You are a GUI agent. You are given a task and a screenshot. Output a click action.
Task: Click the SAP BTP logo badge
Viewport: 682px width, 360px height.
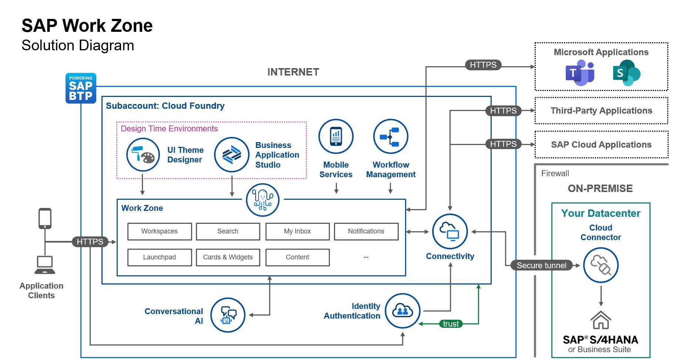(x=81, y=88)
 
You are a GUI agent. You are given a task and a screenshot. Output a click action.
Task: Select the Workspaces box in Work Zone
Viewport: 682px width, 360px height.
(x=160, y=231)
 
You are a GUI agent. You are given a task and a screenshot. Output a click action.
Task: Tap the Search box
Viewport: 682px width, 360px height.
(x=228, y=231)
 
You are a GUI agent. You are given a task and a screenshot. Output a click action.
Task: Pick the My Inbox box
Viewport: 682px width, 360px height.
(x=297, y=231)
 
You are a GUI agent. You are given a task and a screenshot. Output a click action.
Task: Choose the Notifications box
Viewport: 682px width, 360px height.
(x=366, y=231)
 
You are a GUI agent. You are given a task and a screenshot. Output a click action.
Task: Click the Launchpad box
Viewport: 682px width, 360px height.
(x=160, y=257)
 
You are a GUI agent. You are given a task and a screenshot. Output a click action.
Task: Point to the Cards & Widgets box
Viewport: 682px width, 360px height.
(x=228, y=257)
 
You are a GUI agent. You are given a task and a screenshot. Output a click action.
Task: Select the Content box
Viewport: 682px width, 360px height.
(x=297, y=257)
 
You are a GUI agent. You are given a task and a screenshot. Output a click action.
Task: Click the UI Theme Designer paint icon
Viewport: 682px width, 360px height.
(x=143, y=155)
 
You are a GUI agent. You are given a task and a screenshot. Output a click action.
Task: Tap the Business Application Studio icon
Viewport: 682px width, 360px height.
(x=231, y=155)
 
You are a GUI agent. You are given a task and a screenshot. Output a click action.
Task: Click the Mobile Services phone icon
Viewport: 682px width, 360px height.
(x=336, y=137)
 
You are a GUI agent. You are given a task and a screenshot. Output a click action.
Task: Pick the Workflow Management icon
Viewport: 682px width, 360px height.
(x=391, y=137)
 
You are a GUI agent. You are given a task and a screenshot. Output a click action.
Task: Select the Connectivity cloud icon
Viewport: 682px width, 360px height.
(x=450, y=232)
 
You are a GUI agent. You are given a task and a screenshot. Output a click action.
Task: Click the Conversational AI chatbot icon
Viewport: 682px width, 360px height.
(x=228, y=315)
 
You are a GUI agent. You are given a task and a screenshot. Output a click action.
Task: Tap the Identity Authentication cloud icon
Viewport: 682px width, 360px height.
(x=402, y=311)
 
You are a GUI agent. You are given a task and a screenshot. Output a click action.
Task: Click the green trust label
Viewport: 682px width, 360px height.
(x=451, y=324)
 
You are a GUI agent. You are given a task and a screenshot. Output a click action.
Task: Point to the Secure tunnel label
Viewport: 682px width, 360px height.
(x=541, y=265)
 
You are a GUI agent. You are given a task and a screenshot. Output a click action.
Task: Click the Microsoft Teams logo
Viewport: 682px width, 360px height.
(x=579, y=73)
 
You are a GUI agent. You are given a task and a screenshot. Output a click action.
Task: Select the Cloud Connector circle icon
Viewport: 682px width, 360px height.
(x=601, y=265)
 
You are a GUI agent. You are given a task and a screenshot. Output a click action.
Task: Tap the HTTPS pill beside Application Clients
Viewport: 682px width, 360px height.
(x=90, y=242)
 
